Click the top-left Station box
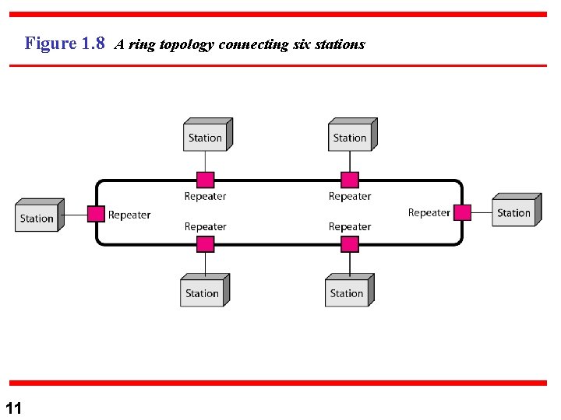click(206, 137)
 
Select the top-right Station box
click(351, 137)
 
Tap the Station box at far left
click(37, 217)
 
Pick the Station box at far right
click(514, 212)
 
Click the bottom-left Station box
click(203, 292)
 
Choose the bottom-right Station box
click(348, 292)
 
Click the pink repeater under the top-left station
click(205, 180)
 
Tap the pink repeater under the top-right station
click(350, 180)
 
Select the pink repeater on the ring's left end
click(96, 214)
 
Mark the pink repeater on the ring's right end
click(463, 212)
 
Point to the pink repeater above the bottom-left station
click(205, 244)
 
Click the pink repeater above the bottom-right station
click(350, 244)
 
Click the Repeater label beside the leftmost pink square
click(129, 215)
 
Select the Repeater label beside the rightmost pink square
click(429, 213)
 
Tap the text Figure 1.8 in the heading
click(65, 44)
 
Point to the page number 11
click(13, 408)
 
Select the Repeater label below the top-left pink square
click(205, 197)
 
